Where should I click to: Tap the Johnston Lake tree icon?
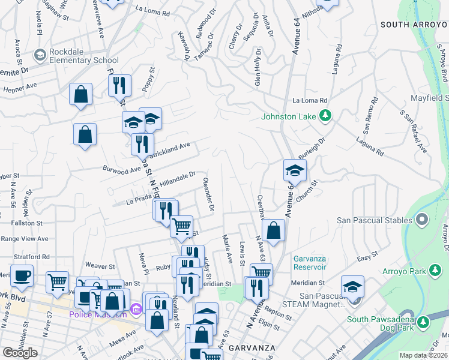[325, 115]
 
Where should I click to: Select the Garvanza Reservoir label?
[310, 263]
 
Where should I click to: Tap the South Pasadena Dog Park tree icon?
[423, 322]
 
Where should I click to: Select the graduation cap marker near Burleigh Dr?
[295, 170]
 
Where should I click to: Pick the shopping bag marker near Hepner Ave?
[80, 94]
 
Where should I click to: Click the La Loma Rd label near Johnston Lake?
[310, 101]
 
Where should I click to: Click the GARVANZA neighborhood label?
[251, 347]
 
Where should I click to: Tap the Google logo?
[20, 352]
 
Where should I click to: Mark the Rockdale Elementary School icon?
[40, 56]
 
